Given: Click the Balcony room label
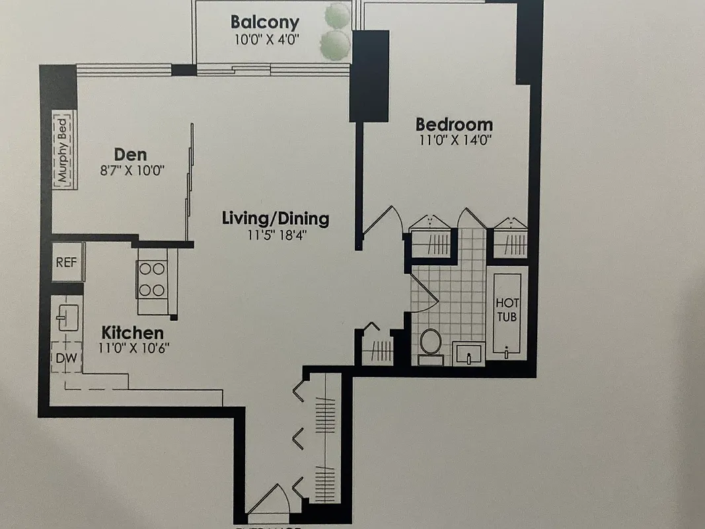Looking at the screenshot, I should point(264,22).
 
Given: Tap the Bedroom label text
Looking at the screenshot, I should point(454,124).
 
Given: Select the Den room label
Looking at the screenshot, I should point(130,154).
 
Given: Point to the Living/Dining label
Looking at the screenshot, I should point(275,218).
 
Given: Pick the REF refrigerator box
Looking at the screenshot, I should point(66,262).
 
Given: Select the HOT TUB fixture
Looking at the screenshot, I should point(507,311).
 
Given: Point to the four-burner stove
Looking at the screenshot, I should point(151,280).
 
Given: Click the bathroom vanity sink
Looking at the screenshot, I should point(468,354).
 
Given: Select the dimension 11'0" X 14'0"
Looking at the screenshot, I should point(454,140).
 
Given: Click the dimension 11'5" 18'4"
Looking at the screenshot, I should point(275,234).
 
